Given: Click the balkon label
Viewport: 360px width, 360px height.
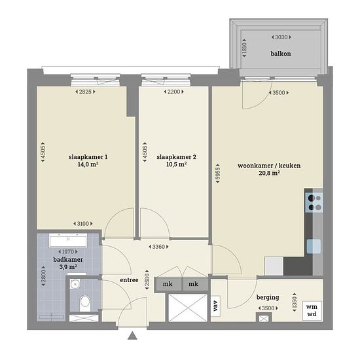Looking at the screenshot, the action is point(281,54).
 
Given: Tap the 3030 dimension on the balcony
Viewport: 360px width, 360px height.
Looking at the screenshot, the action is point(281,37).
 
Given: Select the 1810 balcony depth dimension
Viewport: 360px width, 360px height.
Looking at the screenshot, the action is point(244,48).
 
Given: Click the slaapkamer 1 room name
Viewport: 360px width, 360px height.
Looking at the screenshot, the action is point(88,157).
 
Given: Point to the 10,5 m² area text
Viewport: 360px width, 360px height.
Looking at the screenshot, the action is point(176,164).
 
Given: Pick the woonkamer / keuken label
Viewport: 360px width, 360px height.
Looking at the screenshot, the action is point(269,166).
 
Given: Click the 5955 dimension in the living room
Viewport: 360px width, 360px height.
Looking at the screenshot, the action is point(217,173).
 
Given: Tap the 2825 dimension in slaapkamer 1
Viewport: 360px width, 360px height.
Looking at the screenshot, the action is point(85,92).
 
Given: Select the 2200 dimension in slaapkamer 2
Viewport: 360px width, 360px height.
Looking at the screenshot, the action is point(174,92).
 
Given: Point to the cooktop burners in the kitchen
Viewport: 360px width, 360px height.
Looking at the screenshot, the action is point(314,202).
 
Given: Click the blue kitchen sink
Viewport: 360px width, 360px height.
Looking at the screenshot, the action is point(314,246).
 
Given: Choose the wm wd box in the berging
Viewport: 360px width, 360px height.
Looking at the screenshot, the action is point(312,310).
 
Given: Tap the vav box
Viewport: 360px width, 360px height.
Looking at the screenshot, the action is point(215,306).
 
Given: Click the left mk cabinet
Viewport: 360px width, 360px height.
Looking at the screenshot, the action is point(168,284).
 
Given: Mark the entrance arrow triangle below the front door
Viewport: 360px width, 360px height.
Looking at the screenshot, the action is point(132,335).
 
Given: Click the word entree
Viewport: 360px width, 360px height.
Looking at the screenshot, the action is point(129,280).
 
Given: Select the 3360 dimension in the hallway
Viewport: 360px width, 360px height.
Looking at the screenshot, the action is point(158,247).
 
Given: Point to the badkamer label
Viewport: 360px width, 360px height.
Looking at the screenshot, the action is point(68,260).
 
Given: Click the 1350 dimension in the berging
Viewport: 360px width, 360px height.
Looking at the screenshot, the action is point(295,302).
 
